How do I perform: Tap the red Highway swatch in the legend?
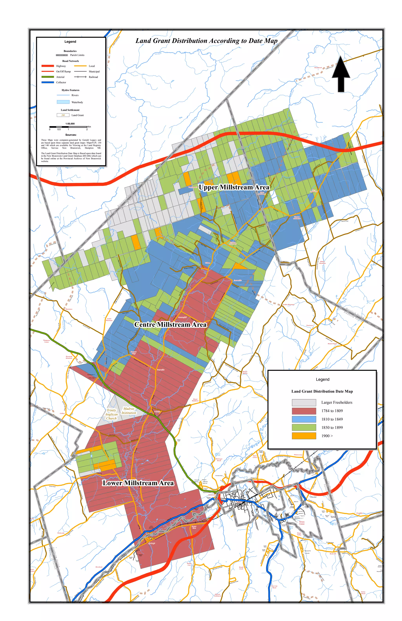(48, 66)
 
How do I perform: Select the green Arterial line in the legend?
(48, 77)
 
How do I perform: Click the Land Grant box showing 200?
(63, 115)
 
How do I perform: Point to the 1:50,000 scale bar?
(68, 127)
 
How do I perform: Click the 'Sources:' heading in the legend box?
(71, 135)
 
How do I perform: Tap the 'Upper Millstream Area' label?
(234, 187)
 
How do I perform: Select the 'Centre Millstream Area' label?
(170, 325)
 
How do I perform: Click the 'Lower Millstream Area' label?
(138, 483)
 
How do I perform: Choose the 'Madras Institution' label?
(129, 411)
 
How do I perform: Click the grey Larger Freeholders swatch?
(304, 402)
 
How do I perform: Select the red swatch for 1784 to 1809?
(304, 411)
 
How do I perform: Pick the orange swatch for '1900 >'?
(304, 436)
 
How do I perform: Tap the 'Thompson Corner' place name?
(47, 341)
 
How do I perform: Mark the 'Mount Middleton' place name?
(195, 400)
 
